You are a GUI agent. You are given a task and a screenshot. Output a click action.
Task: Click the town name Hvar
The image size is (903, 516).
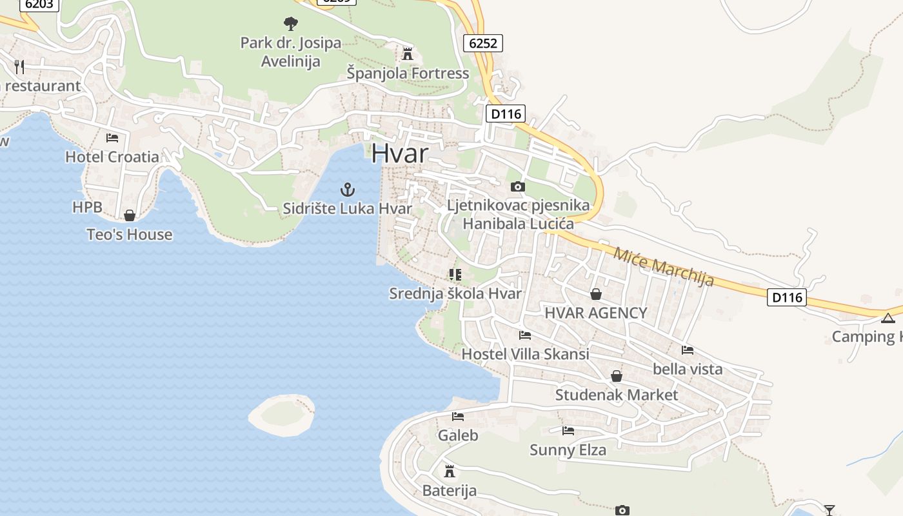[x=399, y=154]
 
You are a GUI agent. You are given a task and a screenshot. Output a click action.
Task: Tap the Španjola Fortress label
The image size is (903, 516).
[x=408, y=73]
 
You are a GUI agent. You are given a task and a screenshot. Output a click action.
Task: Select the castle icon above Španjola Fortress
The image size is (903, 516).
[x=407, y=53]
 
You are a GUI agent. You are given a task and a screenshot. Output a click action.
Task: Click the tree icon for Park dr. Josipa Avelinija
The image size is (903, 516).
[x=291, y=24]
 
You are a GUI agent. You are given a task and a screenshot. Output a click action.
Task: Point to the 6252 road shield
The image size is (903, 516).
[x=482, y=43]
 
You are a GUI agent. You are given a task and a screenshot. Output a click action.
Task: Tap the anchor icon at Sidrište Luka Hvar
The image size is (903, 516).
[x=348, y=190]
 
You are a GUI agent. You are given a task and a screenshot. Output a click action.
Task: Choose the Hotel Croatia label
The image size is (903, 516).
[x=112, y=157]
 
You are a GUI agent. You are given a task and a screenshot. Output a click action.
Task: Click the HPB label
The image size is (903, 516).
[x=87, y=207]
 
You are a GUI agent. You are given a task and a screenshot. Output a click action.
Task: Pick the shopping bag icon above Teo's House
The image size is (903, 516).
[x=130, y=215]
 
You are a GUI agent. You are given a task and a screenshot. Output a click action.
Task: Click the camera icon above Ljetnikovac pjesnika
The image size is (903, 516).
[x=517, y=187]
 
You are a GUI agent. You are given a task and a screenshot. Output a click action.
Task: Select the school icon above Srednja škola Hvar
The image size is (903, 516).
[x=455, y=275]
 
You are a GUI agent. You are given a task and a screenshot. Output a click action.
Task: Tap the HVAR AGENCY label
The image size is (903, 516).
[x=595, y=313]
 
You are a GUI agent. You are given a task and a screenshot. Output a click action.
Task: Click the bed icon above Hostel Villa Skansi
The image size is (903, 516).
[x=525, y=335]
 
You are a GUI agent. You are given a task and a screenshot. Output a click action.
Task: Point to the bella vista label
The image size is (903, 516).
[x=688, y=369]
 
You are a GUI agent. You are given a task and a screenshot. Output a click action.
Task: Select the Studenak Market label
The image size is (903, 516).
[x=617, y=395]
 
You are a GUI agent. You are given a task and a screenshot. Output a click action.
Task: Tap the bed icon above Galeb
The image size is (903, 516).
[x=458, y=417]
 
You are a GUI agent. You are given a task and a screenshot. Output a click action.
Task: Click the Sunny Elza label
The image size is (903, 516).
[x=568, y=450]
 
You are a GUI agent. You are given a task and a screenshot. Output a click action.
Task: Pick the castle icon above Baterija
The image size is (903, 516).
[x=450, y=471]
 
